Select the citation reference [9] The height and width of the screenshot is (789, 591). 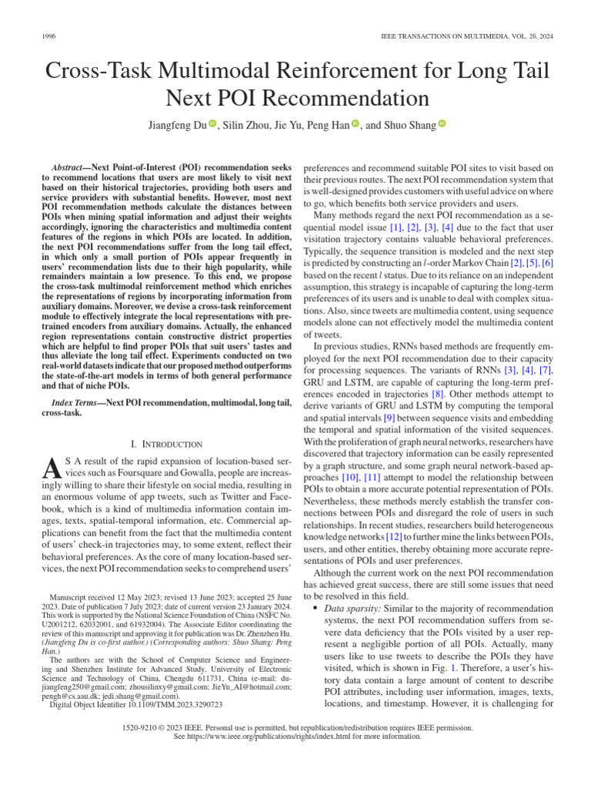[389, 417]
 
